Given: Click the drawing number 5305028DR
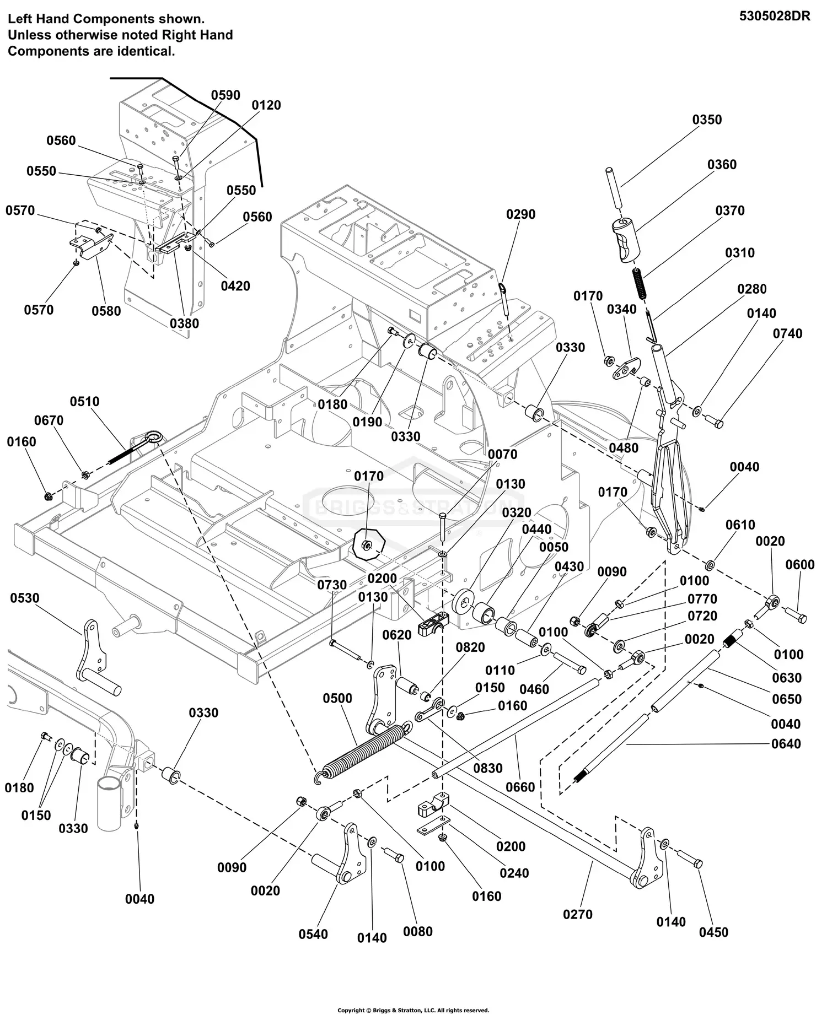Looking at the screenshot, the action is coord(775,16).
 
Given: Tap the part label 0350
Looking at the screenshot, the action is coord(707,120).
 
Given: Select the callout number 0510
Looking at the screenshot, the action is coord(85,401).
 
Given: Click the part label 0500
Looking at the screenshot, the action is coord(337,699).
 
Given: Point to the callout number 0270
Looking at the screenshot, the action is coord(578,914).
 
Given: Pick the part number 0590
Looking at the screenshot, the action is coord(225,95).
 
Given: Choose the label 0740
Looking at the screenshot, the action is coord(788,333).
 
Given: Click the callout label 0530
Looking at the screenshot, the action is coord(25,598).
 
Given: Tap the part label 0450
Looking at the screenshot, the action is coord(713,932).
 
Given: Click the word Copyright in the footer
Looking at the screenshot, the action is coord(351,1010).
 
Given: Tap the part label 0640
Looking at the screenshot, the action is coord(786,744).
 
